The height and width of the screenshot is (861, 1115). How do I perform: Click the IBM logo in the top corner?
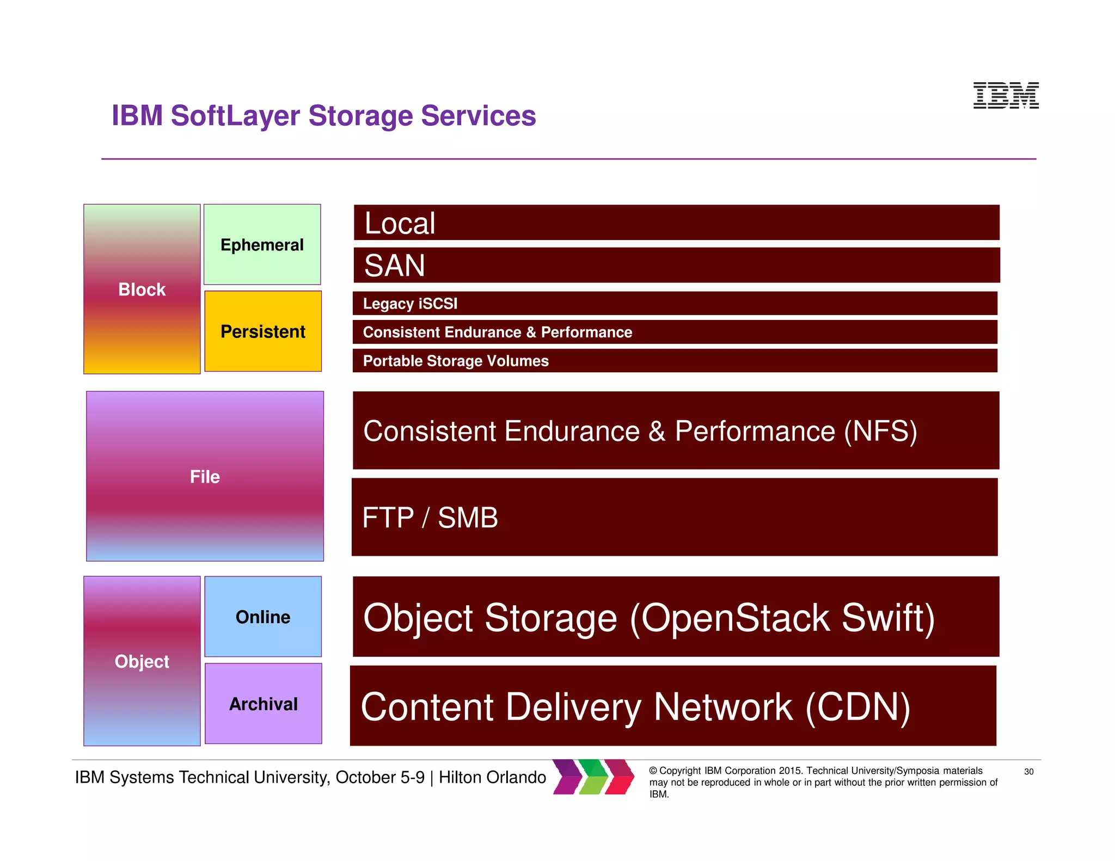(x=1006, y=95)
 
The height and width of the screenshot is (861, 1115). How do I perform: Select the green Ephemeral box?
(x=262, y=244)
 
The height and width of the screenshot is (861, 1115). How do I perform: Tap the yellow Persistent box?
(x=263, y=331)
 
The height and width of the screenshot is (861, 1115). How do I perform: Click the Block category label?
(x=142, y=290)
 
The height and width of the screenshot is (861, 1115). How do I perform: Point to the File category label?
(x=205, y=477)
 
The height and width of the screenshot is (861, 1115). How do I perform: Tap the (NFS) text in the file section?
(x=880, y=431)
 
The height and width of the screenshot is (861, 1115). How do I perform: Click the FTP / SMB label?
(x=430, y=518)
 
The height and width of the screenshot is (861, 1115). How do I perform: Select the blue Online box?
(x=263, y=617)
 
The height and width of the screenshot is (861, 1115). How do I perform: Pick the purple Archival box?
(x=263, y=704)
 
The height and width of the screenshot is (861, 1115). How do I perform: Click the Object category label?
(x=142, y=661)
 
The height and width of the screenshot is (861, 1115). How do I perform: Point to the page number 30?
(x=1028, y=772)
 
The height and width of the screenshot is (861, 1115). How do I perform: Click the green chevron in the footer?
(x=593, y=777)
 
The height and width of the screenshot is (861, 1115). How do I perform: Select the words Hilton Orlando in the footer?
(x=492, y=777)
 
